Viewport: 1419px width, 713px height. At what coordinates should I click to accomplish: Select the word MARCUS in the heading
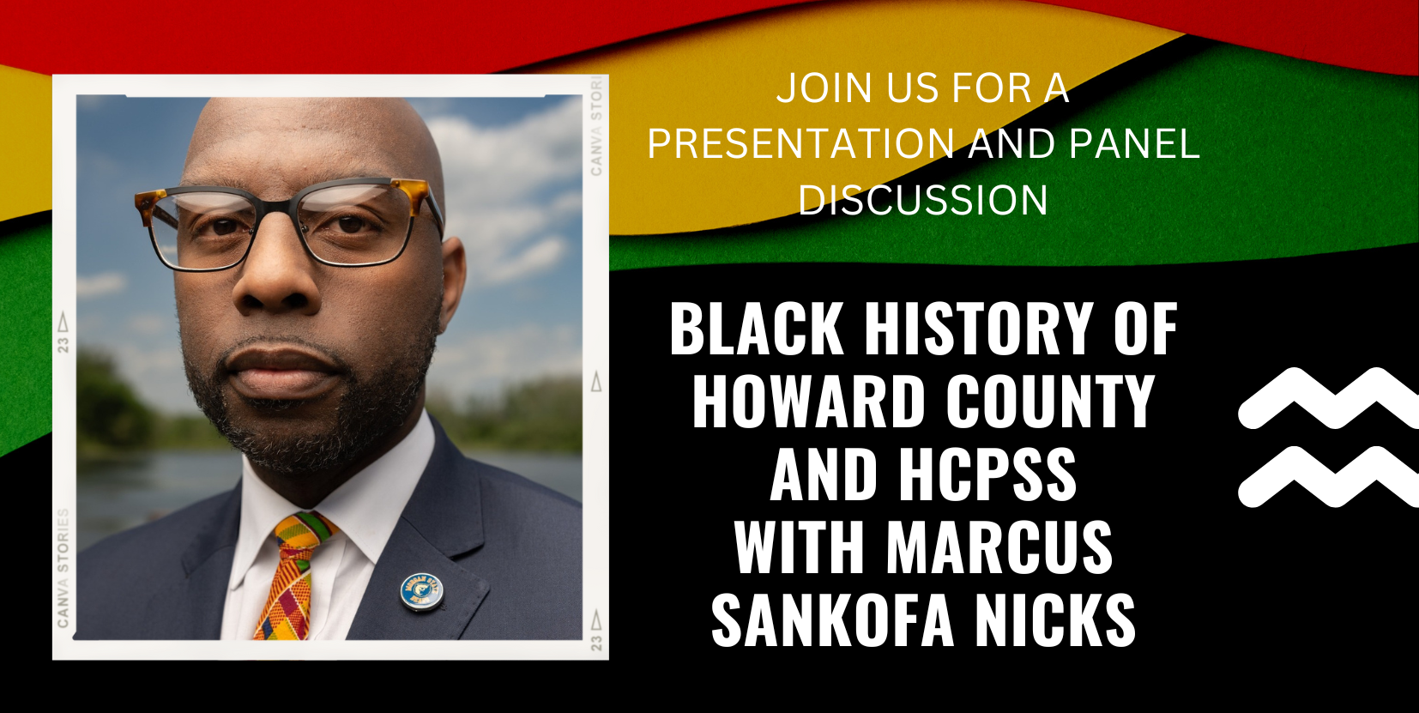pos(999,547)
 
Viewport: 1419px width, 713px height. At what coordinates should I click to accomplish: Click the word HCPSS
pos(987,474)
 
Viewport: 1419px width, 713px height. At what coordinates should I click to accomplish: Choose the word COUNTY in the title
pos(1050,401)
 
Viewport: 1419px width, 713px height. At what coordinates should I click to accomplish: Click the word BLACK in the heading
pos(757,328)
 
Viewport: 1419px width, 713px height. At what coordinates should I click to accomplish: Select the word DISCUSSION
pos(923,200)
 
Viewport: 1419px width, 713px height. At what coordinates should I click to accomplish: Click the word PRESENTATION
pos(800,144)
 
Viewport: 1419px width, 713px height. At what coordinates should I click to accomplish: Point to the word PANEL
pos(1134,144)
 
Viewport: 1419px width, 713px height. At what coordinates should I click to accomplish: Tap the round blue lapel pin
pos(421,592)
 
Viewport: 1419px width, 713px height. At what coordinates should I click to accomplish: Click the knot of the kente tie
pos(303,534)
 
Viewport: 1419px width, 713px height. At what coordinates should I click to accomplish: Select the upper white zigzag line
pos(1328,398)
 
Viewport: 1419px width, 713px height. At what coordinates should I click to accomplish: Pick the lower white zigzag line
pos(1328,476)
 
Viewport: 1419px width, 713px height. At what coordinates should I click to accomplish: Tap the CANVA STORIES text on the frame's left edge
pos(63,568)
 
